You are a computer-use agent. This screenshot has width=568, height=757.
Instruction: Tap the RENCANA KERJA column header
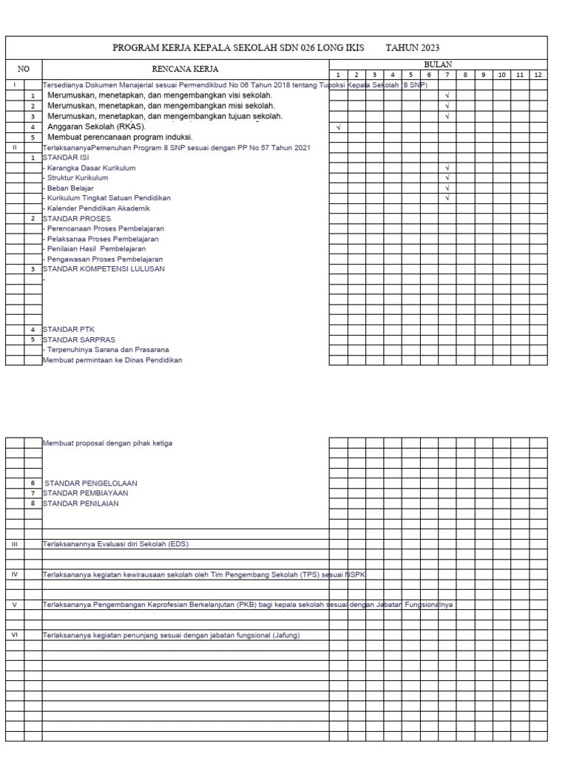(185, 69)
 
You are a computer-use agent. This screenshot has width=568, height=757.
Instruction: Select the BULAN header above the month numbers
(438, 64)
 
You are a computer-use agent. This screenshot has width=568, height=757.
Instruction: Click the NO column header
(24, 69)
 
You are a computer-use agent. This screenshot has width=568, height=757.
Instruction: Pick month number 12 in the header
(538, 75)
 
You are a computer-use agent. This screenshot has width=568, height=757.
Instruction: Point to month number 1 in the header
(338, 75)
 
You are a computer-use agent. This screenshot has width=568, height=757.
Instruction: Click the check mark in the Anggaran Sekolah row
(338, 126)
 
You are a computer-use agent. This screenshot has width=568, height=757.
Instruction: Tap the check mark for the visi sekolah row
(447, 95)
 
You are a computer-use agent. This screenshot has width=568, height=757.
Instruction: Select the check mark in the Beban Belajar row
(447, 189)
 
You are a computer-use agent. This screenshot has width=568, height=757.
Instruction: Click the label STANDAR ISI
(66, 157)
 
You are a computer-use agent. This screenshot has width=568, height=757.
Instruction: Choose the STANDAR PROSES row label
(76, 219)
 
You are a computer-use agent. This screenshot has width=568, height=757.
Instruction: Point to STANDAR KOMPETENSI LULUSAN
(104, 269)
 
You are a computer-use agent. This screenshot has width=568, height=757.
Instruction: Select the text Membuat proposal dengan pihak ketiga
(108, 444)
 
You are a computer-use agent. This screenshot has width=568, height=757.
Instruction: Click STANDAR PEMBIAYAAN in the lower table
(85, 493)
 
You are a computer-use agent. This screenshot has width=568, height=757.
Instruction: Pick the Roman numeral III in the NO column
(15, 544)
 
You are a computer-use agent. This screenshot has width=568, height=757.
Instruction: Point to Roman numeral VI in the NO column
(15, 635)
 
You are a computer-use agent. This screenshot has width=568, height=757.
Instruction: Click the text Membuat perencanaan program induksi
(120, 137)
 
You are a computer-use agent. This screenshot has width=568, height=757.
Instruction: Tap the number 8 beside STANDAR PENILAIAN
(33, 503)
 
